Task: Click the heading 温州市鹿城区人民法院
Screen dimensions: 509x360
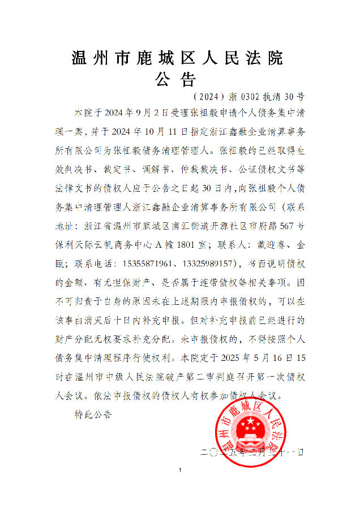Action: tap(177, 58)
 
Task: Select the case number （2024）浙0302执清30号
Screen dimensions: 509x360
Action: tap(248, 96)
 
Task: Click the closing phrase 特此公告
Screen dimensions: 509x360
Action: tap(93, 415)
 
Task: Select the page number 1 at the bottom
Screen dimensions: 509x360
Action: tap(179, 470)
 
